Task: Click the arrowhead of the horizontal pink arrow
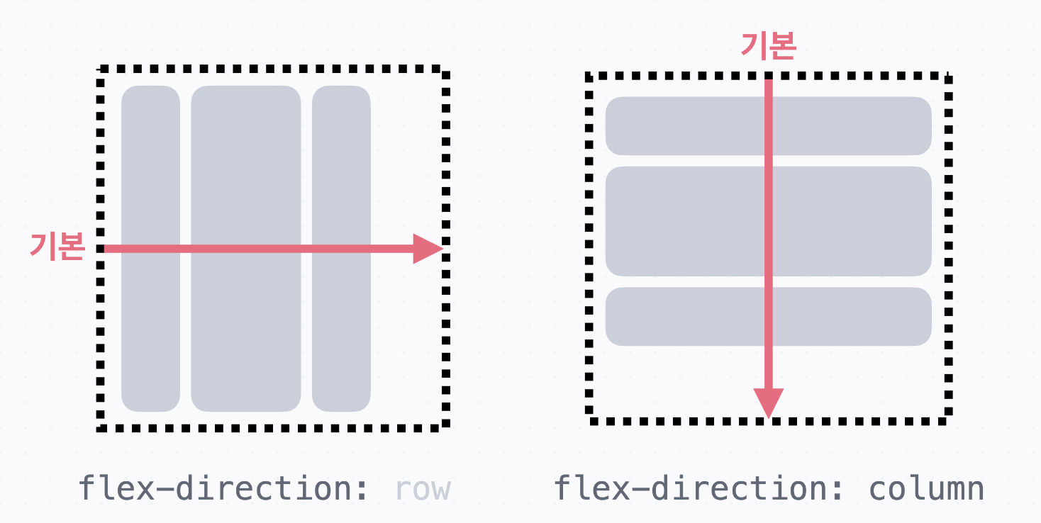point(428,249)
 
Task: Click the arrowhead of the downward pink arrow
point(768,403)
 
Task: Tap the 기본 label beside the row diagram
point(57,247)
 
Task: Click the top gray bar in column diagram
point(681,126)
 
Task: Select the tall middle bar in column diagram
point(681,221)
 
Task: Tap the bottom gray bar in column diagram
point(681,317)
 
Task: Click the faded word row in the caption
point(423,488)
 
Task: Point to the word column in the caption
point(926,488)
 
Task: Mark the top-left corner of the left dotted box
point(101,69)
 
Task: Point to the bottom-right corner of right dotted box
point(947,421)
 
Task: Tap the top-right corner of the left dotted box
point(445,70)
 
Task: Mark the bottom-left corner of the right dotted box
point(590,421)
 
